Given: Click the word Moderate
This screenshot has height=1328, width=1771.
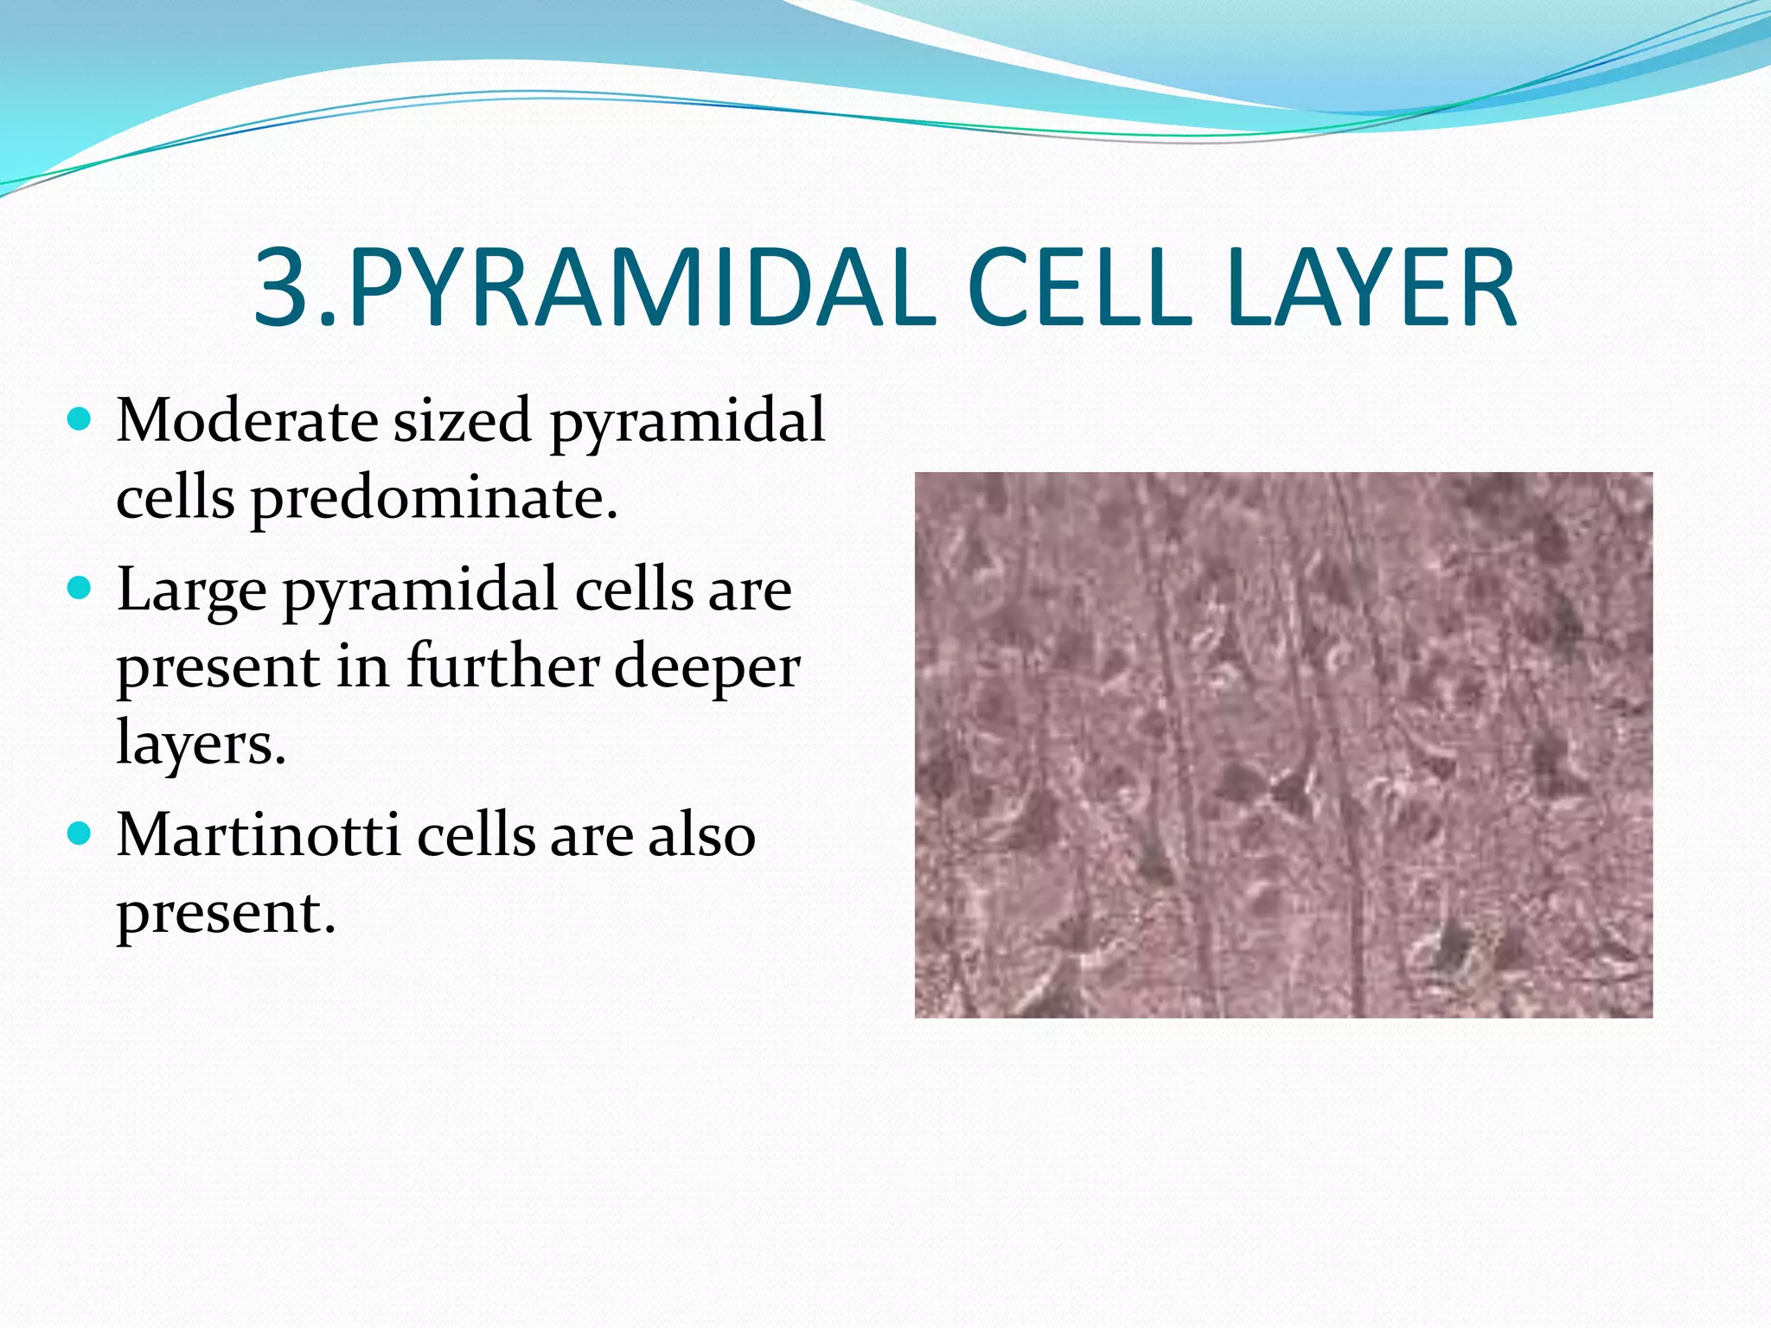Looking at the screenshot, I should click(x=247, y=421).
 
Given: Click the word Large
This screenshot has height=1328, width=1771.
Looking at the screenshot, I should click(x=192, y=591).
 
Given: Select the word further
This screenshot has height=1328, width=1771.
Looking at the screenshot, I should click(x=503, y=667).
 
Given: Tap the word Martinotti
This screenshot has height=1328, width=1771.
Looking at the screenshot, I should click(x=259, y=836).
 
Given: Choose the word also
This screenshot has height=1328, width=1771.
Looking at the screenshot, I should click(x=702, y=836).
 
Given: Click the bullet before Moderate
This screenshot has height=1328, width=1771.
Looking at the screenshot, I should click(x=79, y=420).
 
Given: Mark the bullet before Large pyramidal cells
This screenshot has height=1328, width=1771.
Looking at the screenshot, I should click(x=79, y=589).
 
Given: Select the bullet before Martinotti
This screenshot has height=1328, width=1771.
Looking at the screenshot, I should click(x=79, y=834).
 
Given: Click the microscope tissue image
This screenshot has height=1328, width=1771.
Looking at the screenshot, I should click(x=1283, y=744).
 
